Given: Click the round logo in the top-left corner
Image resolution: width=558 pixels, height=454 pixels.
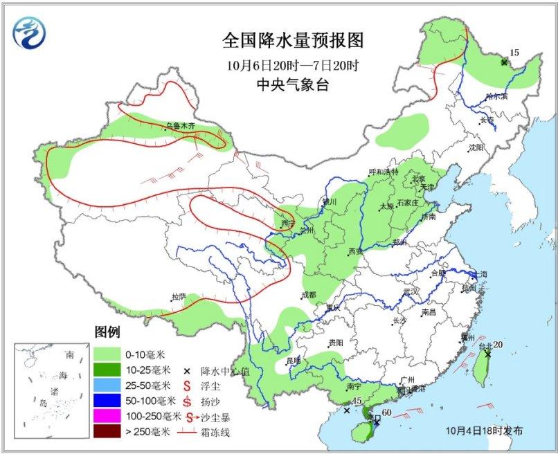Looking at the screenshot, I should point(30,32).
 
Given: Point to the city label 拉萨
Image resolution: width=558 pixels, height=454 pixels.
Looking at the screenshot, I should point(179,297).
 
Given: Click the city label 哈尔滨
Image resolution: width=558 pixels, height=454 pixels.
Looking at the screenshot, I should point(496,96).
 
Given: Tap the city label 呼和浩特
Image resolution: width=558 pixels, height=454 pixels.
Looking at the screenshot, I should point(384,172).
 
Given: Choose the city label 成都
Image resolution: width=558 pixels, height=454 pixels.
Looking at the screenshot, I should point(308,295).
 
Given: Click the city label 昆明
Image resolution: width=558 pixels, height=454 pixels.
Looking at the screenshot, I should point(294,360).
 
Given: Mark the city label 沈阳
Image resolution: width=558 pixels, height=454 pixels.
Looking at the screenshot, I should point(476,147).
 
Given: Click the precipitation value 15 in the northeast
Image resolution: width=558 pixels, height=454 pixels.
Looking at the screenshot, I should point(514,53).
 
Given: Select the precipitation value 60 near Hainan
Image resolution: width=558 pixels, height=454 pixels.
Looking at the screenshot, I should point(386,413).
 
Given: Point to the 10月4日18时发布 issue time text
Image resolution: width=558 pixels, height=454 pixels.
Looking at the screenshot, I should point(485,430).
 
